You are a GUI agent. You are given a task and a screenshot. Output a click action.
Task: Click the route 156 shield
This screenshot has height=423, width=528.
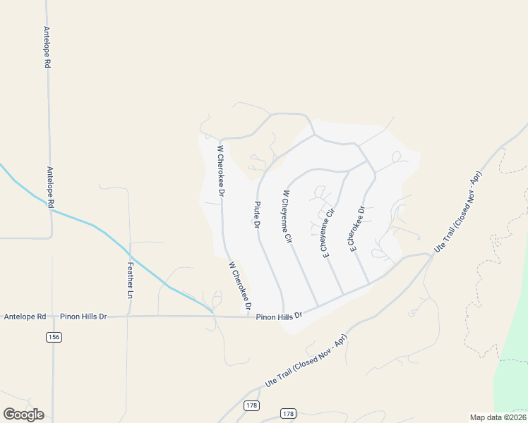pos(54,338)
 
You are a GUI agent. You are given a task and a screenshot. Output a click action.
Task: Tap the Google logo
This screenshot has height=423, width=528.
pos(23,414)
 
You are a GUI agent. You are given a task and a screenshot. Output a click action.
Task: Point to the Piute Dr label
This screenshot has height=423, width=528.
pos(257,214)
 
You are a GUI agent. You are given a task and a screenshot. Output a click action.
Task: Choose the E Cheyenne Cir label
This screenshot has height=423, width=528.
pos(330,232)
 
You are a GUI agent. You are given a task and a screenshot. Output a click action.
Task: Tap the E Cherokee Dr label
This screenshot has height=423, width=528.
pos(356,228)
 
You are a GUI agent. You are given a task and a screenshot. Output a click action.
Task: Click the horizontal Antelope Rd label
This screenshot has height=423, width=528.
pos(25,317)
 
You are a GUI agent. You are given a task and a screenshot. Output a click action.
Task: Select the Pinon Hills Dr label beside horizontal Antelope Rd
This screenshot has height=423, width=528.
pos(83,317)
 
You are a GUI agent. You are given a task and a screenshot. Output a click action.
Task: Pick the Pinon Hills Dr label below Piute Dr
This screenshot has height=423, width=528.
pos(279,317)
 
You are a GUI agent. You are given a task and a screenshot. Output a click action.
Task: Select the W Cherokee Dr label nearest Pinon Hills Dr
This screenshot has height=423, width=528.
pos(240,287)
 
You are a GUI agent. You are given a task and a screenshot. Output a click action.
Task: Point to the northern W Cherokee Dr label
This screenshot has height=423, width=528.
pos(221,171)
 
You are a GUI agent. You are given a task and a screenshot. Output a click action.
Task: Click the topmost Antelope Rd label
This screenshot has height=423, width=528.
pos(47,47)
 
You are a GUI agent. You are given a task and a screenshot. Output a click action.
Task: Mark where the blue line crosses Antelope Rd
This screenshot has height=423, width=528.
pos(51,209)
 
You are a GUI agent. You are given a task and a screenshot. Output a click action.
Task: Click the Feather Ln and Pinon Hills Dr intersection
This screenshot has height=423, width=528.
pos(128,317)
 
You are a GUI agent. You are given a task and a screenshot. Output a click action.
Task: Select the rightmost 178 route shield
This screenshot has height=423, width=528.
pos(287,413)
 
